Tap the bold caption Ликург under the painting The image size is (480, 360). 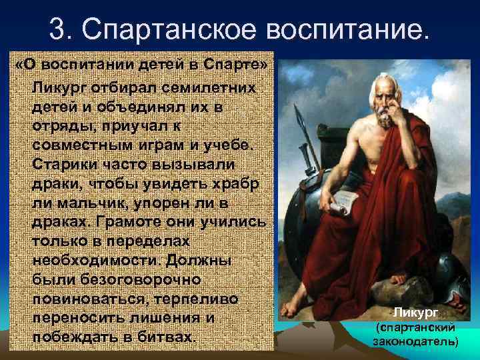(x=415, y=312)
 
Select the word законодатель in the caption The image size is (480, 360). (x=415, y=341)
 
